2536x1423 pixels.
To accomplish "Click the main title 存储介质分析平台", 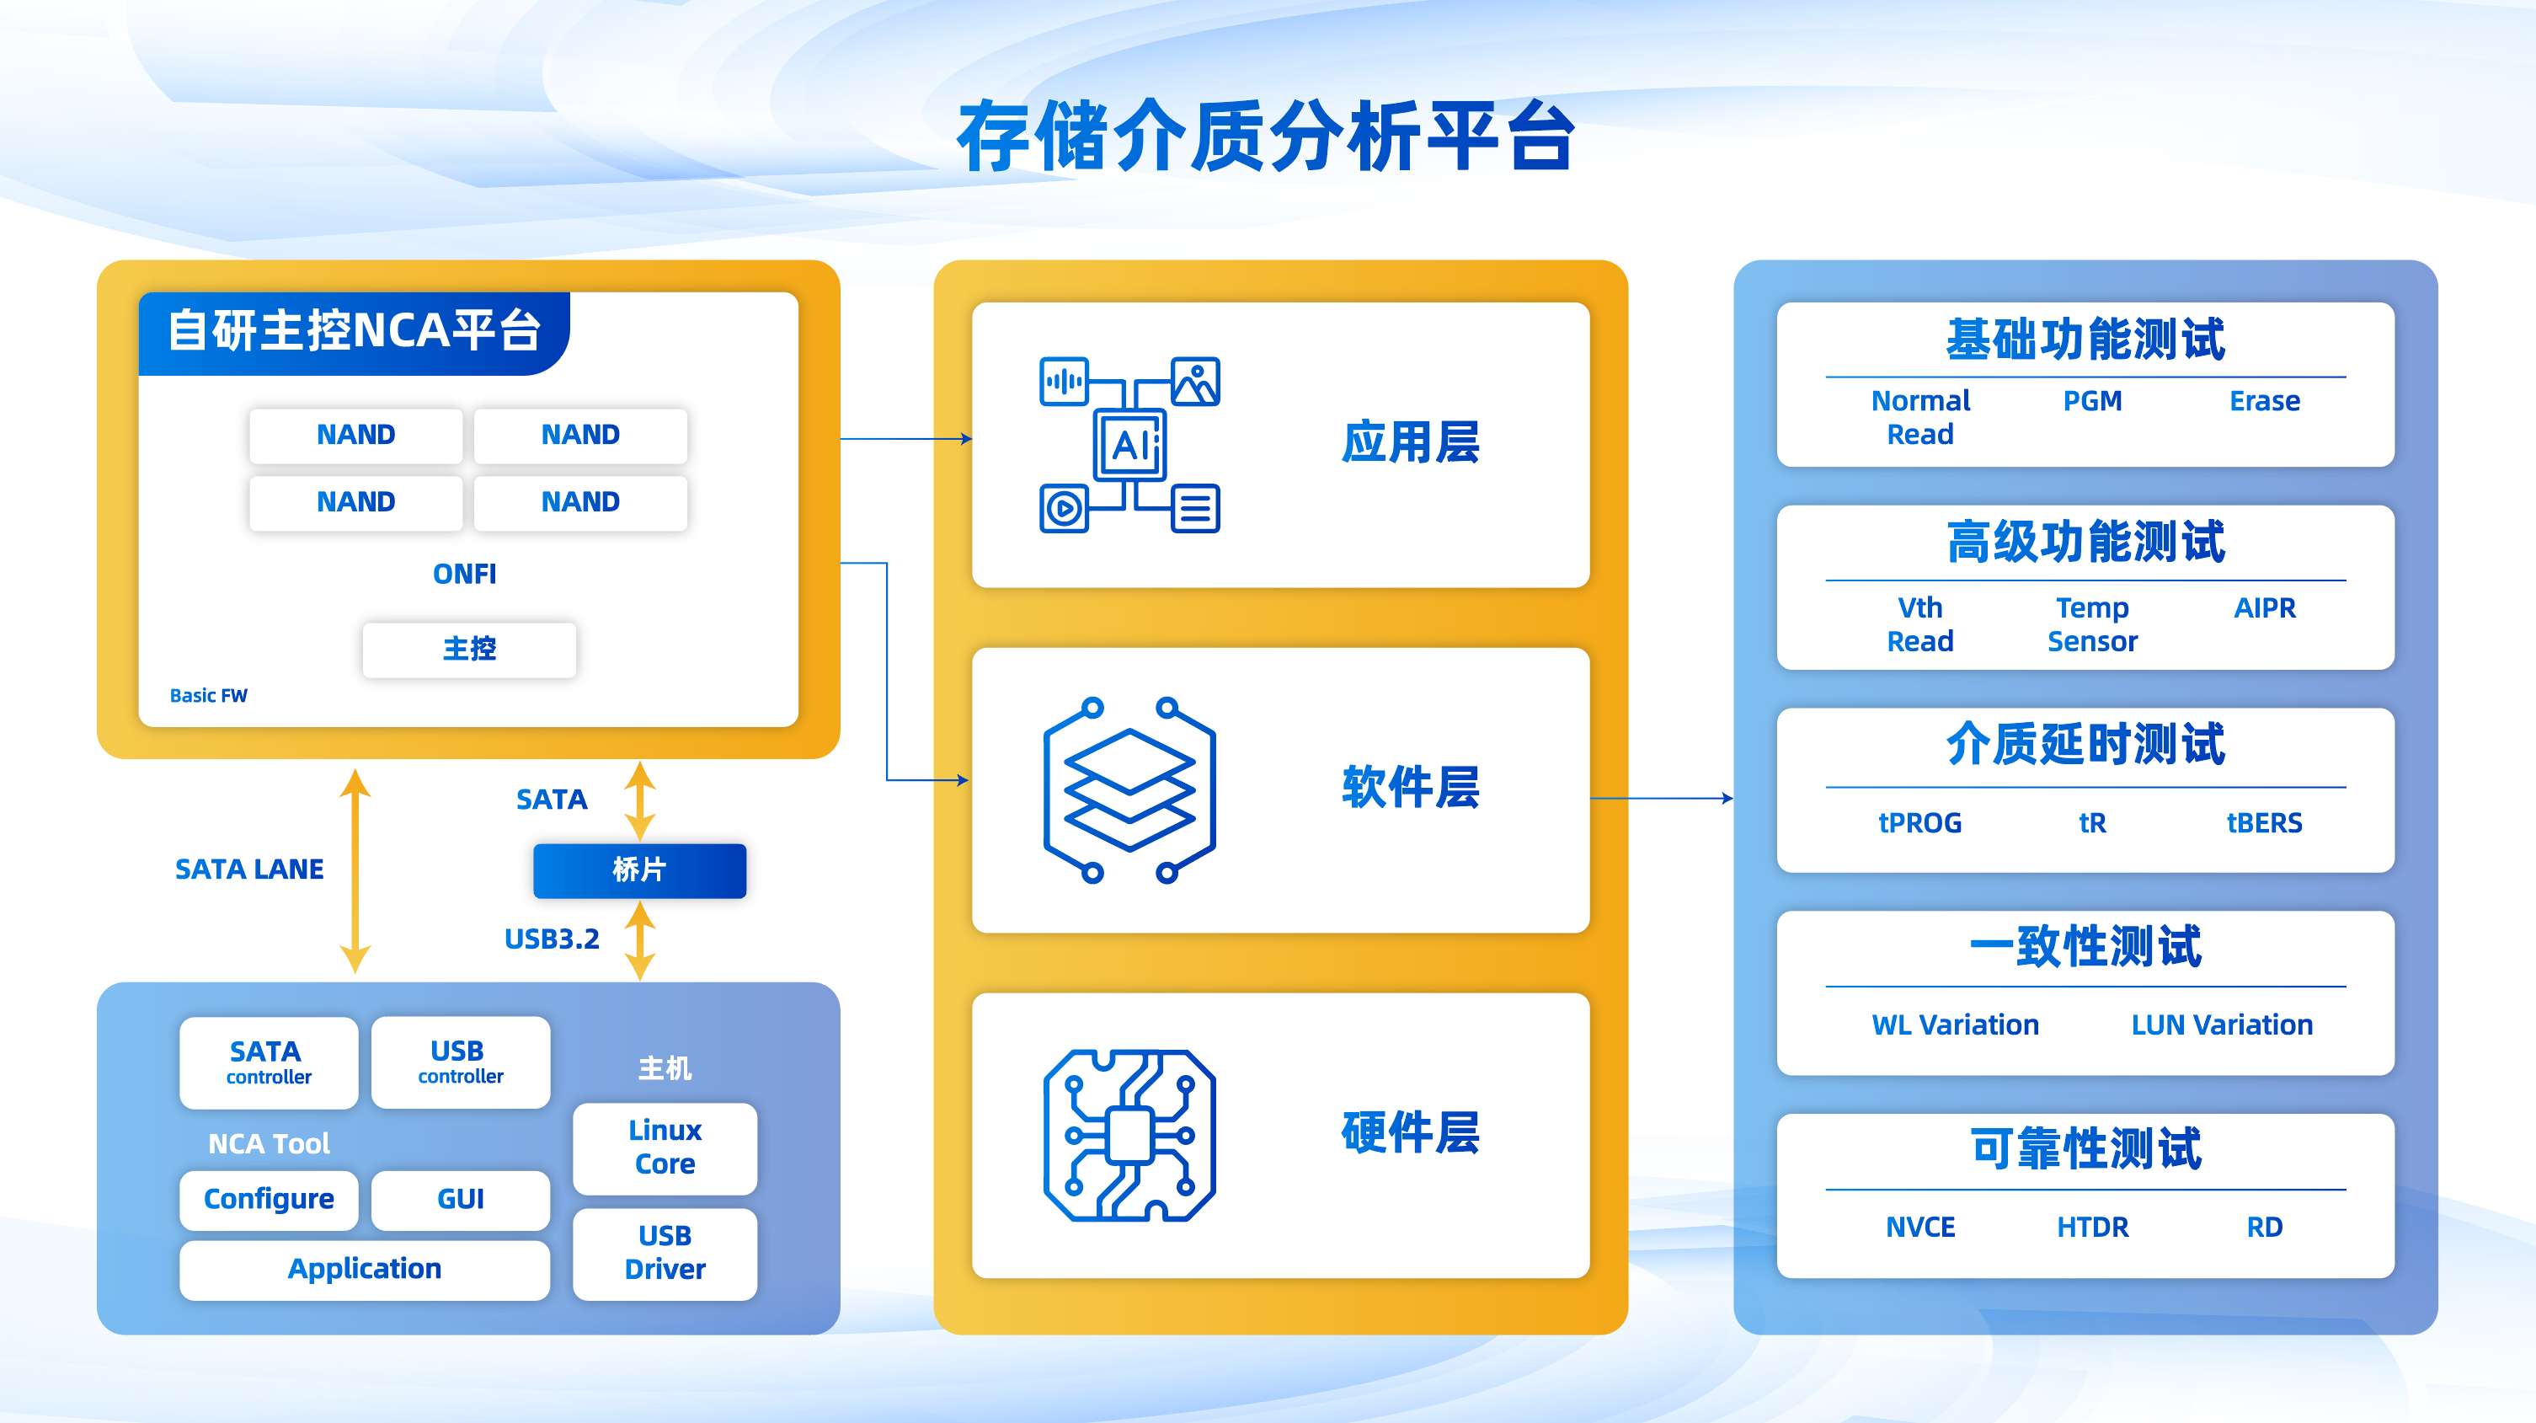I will pos(1266,136).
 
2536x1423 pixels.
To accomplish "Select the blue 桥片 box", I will pos(639,869).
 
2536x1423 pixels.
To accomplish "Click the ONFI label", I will pos(465,573).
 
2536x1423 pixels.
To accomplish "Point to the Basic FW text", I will pos(209,695).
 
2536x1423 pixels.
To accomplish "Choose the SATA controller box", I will pos(268,1062).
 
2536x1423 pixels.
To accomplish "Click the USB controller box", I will pos(460,1062).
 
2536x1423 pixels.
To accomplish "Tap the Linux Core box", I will pos(665,1147).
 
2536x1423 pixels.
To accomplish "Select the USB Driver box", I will pos(665,1253).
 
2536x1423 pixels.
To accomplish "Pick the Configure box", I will pos(268,1199).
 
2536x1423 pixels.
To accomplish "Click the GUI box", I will pos(460,1199).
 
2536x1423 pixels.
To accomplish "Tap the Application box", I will pos(364,1268).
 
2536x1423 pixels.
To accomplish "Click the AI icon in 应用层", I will pos(1129,445).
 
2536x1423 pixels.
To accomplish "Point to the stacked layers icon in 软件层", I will pos(1129,789).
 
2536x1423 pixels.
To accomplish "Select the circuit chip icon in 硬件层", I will pos(1129,1135).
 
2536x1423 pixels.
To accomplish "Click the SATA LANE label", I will pos(249,869).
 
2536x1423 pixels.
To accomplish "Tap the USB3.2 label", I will pos(552,939).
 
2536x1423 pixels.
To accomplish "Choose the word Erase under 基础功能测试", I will pos(2264,401).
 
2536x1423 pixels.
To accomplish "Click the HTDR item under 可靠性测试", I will pos(2092,1227).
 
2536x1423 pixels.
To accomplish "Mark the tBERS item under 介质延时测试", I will pos(2264,822).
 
